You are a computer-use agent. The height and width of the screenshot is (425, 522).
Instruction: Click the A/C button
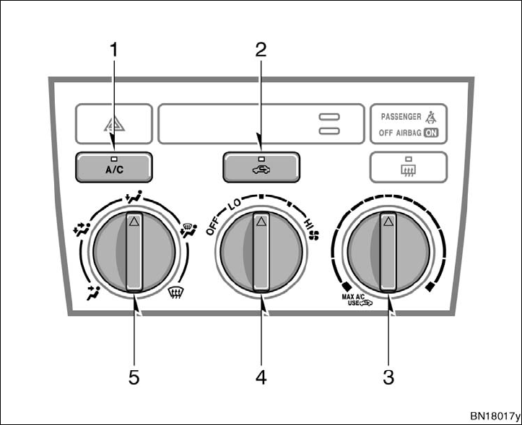point(113,167)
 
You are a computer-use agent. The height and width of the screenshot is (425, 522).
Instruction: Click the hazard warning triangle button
point(114,123)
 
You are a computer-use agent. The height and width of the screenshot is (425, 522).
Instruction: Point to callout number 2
point(261,50)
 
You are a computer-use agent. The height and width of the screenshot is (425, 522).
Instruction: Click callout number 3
point(388,377)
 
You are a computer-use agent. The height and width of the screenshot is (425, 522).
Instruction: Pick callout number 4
point(261,377)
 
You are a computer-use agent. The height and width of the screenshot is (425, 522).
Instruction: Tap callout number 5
point(134,377)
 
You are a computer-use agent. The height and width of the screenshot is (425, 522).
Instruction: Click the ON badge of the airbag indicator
point(432,133)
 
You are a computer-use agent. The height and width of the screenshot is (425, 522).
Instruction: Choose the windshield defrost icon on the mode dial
point(173,292)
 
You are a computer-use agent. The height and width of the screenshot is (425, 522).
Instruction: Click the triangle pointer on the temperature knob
point(388,223)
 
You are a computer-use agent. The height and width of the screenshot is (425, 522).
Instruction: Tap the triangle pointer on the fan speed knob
point(261,222)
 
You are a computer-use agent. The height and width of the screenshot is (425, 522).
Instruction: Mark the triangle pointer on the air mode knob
point(134,222)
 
